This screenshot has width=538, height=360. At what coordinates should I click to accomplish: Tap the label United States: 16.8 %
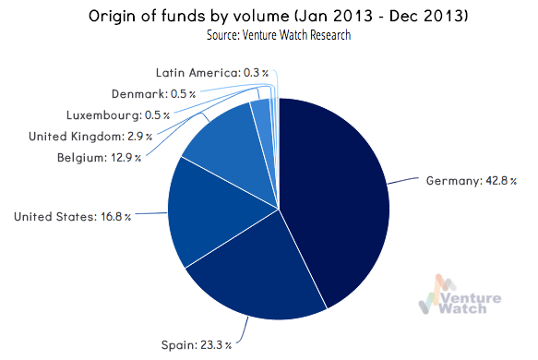coord(71,217)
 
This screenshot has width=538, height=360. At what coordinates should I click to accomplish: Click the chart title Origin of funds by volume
coord(269,17)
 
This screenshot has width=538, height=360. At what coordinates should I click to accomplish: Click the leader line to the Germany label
coord(404,183)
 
